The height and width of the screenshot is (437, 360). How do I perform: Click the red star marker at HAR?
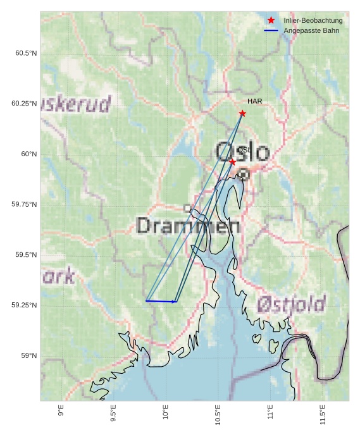[x=242, y=113]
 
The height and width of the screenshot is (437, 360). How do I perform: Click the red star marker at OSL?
[x=232, y=162]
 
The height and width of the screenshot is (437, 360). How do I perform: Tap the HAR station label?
[x=254, y=101]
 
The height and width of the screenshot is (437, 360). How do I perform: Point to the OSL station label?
[x=244, y=150]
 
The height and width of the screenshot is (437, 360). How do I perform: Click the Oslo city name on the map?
[x=242, y=152]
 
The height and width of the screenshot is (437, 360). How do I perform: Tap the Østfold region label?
[x=291, y=304]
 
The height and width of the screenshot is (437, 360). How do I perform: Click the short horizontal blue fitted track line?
[x=161, y=302]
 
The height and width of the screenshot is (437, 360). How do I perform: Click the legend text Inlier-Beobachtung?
[x=313, y=21]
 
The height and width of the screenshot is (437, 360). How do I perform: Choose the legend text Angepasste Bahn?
[x=311, y=30]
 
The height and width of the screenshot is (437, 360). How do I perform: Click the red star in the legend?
[x=271, y=21]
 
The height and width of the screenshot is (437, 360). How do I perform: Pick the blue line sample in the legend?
[x=271, y=30]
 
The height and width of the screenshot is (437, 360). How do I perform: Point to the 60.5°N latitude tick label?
[x=26, y=53]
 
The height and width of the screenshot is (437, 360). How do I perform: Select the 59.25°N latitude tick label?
[x=24, y=305]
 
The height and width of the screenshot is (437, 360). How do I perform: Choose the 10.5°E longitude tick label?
[x=218, y=414]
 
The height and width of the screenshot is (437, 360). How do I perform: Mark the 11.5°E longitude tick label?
[x=323, y=414]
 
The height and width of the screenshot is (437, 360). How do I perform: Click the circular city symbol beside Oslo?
[x=243, y=174]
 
